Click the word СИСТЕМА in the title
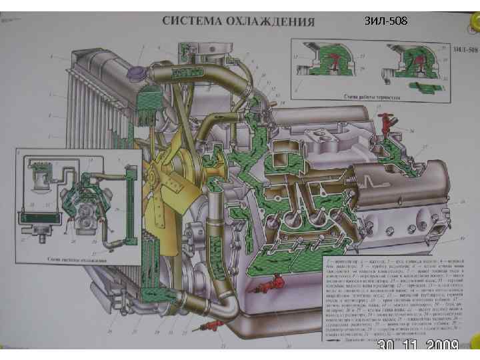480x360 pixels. coord(193,20)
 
